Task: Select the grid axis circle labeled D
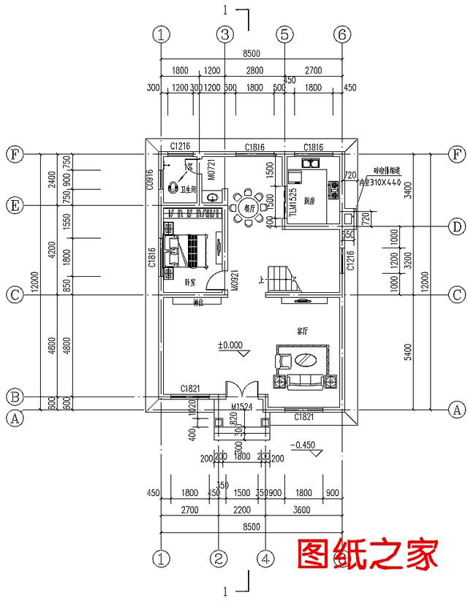tap(456, 227)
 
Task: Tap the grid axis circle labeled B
tap(14, 397)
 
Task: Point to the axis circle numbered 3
tap(224, 34)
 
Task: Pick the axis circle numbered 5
tap(284, 34)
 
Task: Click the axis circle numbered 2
tap(218, 559)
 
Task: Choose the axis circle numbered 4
tap(267, 559)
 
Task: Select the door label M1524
tap(243, 406)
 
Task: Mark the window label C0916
tap(150, 180)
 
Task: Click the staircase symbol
tap(281, 277)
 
